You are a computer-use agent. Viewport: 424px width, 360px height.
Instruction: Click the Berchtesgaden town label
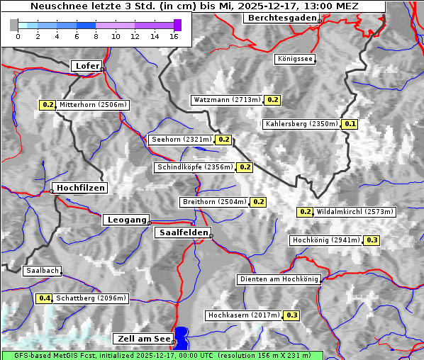[x=281, y=18]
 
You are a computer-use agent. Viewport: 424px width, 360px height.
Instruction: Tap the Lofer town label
[x=87, y=66]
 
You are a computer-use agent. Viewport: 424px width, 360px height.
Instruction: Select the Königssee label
[x=295, y=60]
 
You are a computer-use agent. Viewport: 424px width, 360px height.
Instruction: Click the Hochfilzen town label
[x=80, y=188]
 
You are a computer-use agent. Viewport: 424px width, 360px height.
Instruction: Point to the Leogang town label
[x=127, y=220]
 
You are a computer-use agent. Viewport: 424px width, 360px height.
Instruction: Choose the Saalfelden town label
[x=182, y=232]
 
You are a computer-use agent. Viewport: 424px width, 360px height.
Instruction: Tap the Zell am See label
[x=142, y=339]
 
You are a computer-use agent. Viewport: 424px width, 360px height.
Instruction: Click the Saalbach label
[x=42, y=271]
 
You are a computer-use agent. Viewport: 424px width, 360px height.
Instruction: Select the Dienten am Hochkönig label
[x=279, y=279]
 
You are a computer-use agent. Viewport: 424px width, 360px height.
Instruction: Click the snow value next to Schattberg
[x=45, y=298]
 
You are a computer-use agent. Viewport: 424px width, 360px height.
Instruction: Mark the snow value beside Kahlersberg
[x=350, y=124]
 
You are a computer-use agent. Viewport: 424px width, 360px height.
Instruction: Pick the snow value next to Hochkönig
[x=372, y=240]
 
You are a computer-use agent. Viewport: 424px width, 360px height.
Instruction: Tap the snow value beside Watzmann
[x=273, y=100]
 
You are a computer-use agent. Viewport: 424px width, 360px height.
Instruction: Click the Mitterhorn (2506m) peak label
[x=93, y=105]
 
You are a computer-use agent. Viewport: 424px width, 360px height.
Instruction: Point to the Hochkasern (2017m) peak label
[x=243, y=315]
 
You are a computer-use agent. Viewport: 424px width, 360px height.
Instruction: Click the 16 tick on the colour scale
[x=174, y=36]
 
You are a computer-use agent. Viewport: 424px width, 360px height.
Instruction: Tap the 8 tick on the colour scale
[x=96, y=36]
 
